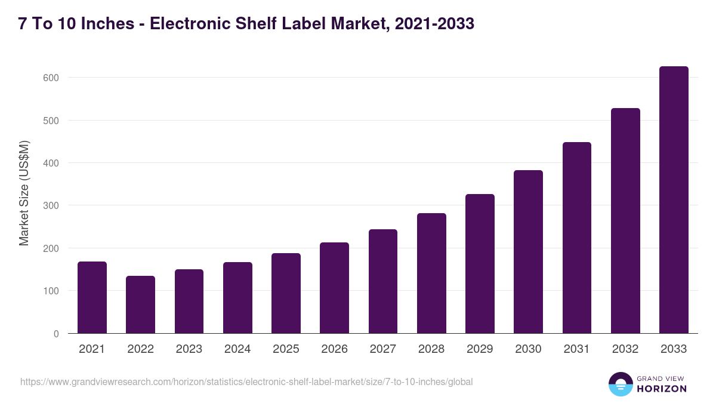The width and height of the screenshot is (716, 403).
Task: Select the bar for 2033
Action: [674, 200]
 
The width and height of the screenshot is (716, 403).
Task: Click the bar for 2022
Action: [140, 304]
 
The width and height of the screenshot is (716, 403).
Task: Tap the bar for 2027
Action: [382, 281]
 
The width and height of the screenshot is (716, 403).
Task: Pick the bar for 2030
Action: [528, 252]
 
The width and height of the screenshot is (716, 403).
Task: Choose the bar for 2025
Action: [286, 293]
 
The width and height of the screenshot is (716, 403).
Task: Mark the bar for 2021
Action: [92, 297]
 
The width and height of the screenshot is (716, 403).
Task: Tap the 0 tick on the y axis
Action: [56, 334]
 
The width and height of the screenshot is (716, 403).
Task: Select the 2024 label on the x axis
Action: [237, 349]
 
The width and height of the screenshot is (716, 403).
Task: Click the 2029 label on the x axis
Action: [480, 349]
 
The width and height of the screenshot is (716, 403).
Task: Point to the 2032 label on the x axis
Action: [625, 349]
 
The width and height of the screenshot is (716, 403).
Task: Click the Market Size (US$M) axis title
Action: [24, 193]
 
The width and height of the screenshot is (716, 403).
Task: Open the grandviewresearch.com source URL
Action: [246, 382]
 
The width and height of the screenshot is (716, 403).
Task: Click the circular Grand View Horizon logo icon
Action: [620, 384]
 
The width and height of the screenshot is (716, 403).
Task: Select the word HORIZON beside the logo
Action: [662, 389]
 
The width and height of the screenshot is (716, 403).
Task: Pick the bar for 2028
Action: [431, 273]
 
